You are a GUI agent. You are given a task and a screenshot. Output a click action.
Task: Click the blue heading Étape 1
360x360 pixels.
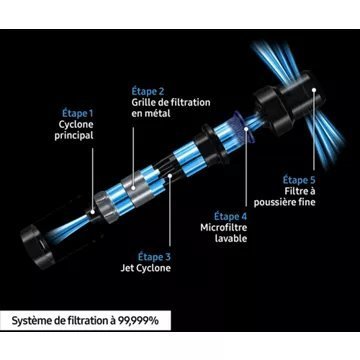pyautogui.click(x=78, y=114)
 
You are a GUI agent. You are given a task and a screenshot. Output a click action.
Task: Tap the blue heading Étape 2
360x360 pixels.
pyautogui.click(x=149, y=91)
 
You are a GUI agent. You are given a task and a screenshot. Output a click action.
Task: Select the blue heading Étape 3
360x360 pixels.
pyautogui.click(x=154, y=257)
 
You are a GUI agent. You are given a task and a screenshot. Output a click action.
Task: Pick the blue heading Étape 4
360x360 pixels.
pyautogui.click(x=231, y=217)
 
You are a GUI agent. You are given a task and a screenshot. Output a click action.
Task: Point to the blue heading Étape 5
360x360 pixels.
pyautogui.click(x=299, y=180)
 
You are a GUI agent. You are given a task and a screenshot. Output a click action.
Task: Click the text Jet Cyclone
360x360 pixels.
pyautogui.click(x=145, y=268)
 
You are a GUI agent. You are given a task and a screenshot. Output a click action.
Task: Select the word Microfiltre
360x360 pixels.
pyautogui.click(x=224, y=228)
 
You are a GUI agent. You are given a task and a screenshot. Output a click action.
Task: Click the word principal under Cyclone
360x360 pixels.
pyautogui.click(x=74, y=136)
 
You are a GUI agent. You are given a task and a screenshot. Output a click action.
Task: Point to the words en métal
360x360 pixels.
pyautogui.click(x=151, y=113)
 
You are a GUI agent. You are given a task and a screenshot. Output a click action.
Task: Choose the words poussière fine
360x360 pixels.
pyautogui.click(x=284, y=202)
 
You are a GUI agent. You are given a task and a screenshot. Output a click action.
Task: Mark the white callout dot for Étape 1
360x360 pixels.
pyautogui.click(x=93, y=211)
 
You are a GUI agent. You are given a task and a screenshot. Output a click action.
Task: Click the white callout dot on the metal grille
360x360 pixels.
pyautogui.click(x=133, y=188)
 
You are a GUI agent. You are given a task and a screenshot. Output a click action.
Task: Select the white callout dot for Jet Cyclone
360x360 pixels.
pyautogui.click(x=170, y=175)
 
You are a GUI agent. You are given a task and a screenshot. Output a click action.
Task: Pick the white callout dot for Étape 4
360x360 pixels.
pyautogui.click(x=246, y=129)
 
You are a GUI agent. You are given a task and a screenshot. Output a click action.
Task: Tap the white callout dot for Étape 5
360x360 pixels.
pyautogui.click(x=313, y=89)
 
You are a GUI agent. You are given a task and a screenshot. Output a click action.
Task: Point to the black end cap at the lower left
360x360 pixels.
pyautogui.click(x=36, y=246)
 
